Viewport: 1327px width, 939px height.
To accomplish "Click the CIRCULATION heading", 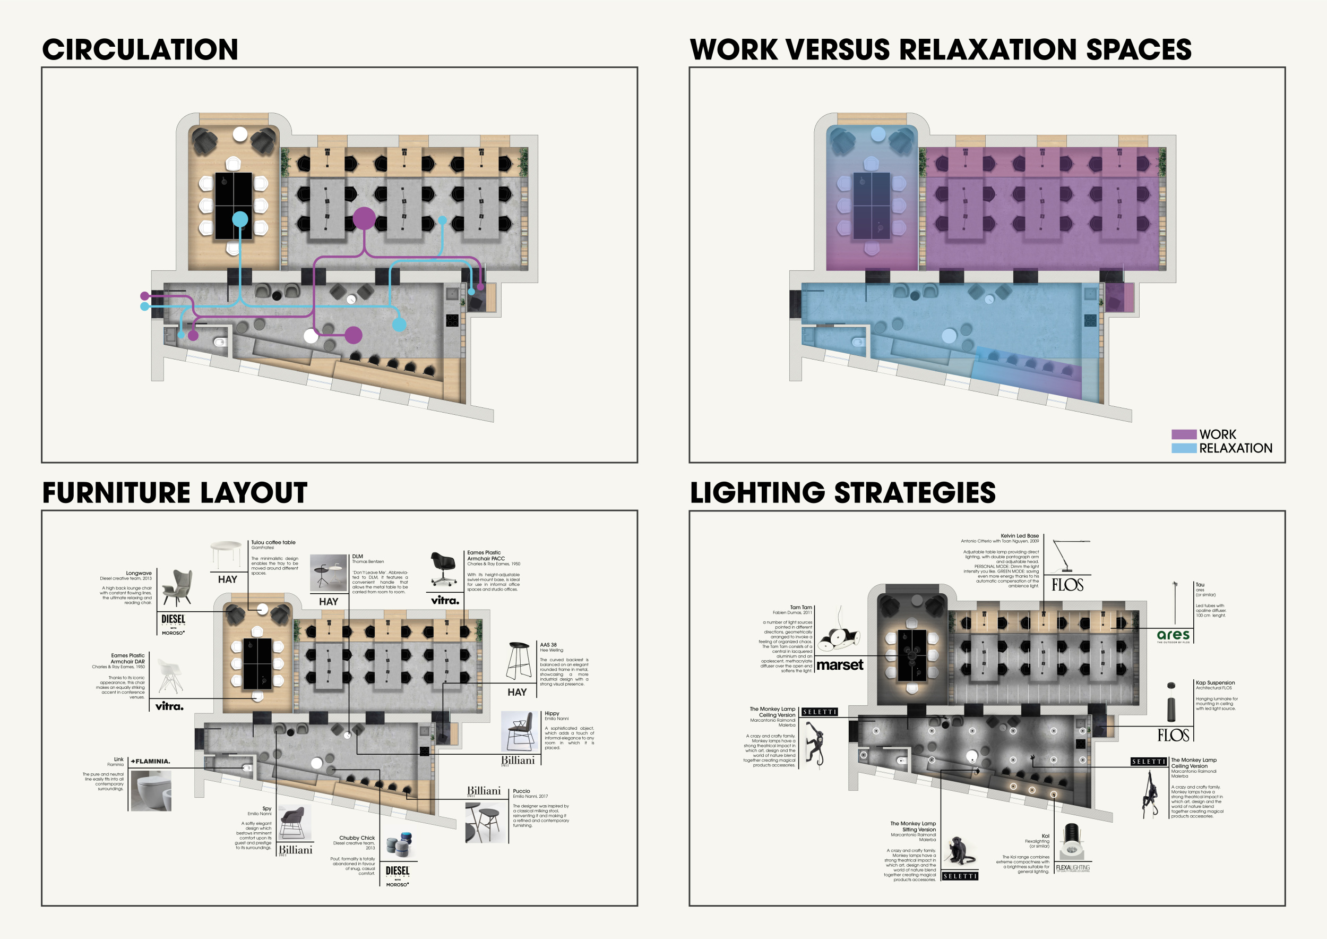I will pos(140,50).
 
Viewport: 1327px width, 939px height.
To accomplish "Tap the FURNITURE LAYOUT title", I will pos(175,493).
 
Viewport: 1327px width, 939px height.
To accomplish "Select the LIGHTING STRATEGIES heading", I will pos(843,493).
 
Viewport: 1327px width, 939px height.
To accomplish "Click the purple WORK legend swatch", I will pos(1183,434).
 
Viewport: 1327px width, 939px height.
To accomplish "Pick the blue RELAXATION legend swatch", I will pos(1183,448).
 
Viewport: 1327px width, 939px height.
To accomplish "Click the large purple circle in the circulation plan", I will pos(364,219).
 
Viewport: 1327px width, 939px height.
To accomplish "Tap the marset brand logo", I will pos(840,665).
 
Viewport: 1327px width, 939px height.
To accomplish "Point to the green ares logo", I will pos(1173,635).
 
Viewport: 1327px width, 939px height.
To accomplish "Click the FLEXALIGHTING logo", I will pos(1073,867).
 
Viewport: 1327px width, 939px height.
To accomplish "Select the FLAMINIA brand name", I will pos(151,761).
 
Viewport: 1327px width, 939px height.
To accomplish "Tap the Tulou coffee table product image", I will pos(226,554).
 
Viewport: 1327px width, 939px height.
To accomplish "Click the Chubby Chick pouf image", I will pos(398,846).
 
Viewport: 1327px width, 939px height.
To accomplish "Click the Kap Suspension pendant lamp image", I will pos(1171,702).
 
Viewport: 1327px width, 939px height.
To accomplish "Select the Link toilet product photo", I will pos(151,790).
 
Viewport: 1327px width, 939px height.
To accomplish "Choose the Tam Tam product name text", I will pos(800,607).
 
